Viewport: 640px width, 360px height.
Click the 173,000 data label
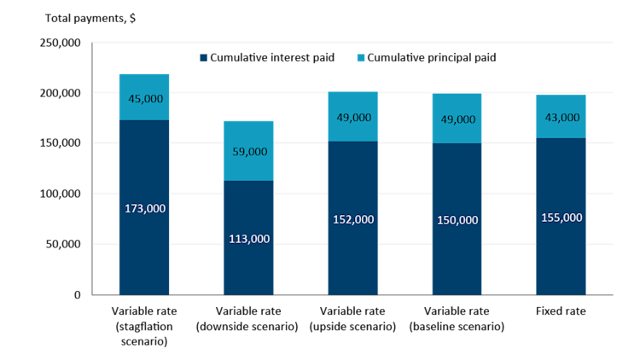point(145,208)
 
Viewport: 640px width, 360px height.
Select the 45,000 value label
point(145,99)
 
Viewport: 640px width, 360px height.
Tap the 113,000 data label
point(249,239)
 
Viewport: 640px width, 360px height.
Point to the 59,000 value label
point(249,152)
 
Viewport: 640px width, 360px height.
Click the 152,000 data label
point(353,219)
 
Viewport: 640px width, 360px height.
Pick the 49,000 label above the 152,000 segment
point(353,118)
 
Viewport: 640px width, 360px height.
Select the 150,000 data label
point(457,220)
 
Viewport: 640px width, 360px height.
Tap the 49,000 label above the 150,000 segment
point(457,119)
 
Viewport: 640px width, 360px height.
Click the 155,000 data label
point(561,218)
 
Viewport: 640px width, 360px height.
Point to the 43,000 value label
point(561,118)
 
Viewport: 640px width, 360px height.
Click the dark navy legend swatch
point(203,58)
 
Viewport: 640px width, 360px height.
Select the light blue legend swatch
point(361,58)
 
